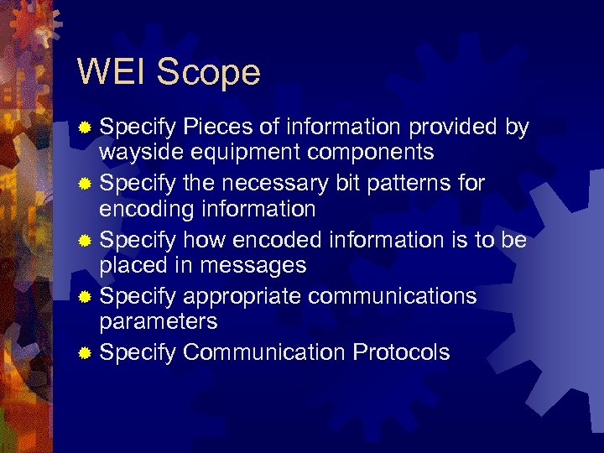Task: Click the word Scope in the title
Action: coord(208,74)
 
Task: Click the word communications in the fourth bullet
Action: coord(393,296)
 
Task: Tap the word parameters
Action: coord(159,321)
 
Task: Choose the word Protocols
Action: coord(402,352)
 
